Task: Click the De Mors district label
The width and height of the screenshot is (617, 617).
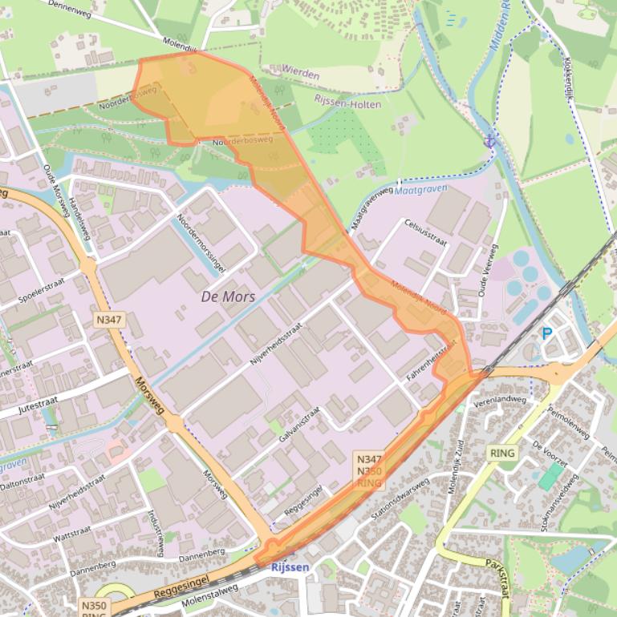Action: tap(228, 297)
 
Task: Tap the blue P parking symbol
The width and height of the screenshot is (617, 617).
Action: tap(547, 333)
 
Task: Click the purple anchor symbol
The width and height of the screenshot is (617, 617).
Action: tap(490, 141)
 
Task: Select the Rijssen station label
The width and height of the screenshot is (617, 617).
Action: tap(290, 567)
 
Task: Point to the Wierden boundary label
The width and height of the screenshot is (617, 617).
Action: tap(300, 74)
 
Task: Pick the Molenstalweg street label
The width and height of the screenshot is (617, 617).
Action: tap(211, 595)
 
